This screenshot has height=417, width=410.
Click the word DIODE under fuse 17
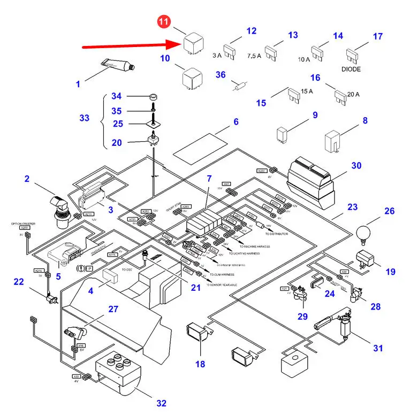351,69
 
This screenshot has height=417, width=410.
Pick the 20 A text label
353,95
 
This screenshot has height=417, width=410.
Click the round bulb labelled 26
365,234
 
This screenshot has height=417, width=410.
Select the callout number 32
161,403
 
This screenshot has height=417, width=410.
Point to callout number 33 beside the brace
84,118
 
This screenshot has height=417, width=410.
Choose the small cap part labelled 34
153,97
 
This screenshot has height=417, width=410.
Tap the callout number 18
200,364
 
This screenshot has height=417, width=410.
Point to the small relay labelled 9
283,134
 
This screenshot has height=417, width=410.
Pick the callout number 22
19,281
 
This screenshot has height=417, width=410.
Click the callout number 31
378,348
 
